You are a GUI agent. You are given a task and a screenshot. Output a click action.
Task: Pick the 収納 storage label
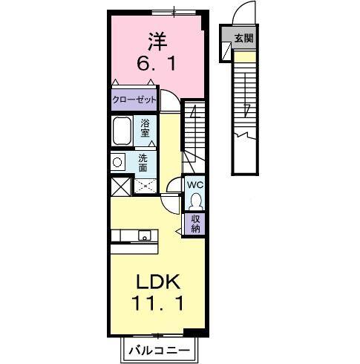pos(196,223)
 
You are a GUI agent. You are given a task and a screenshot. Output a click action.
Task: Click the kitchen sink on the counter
pos(144,235)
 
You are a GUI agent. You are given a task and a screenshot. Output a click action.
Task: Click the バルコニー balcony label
pos(160,349)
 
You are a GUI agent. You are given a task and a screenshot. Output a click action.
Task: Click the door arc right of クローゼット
pos(170,100)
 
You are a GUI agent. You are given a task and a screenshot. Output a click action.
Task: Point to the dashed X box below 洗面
pos(145,186)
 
